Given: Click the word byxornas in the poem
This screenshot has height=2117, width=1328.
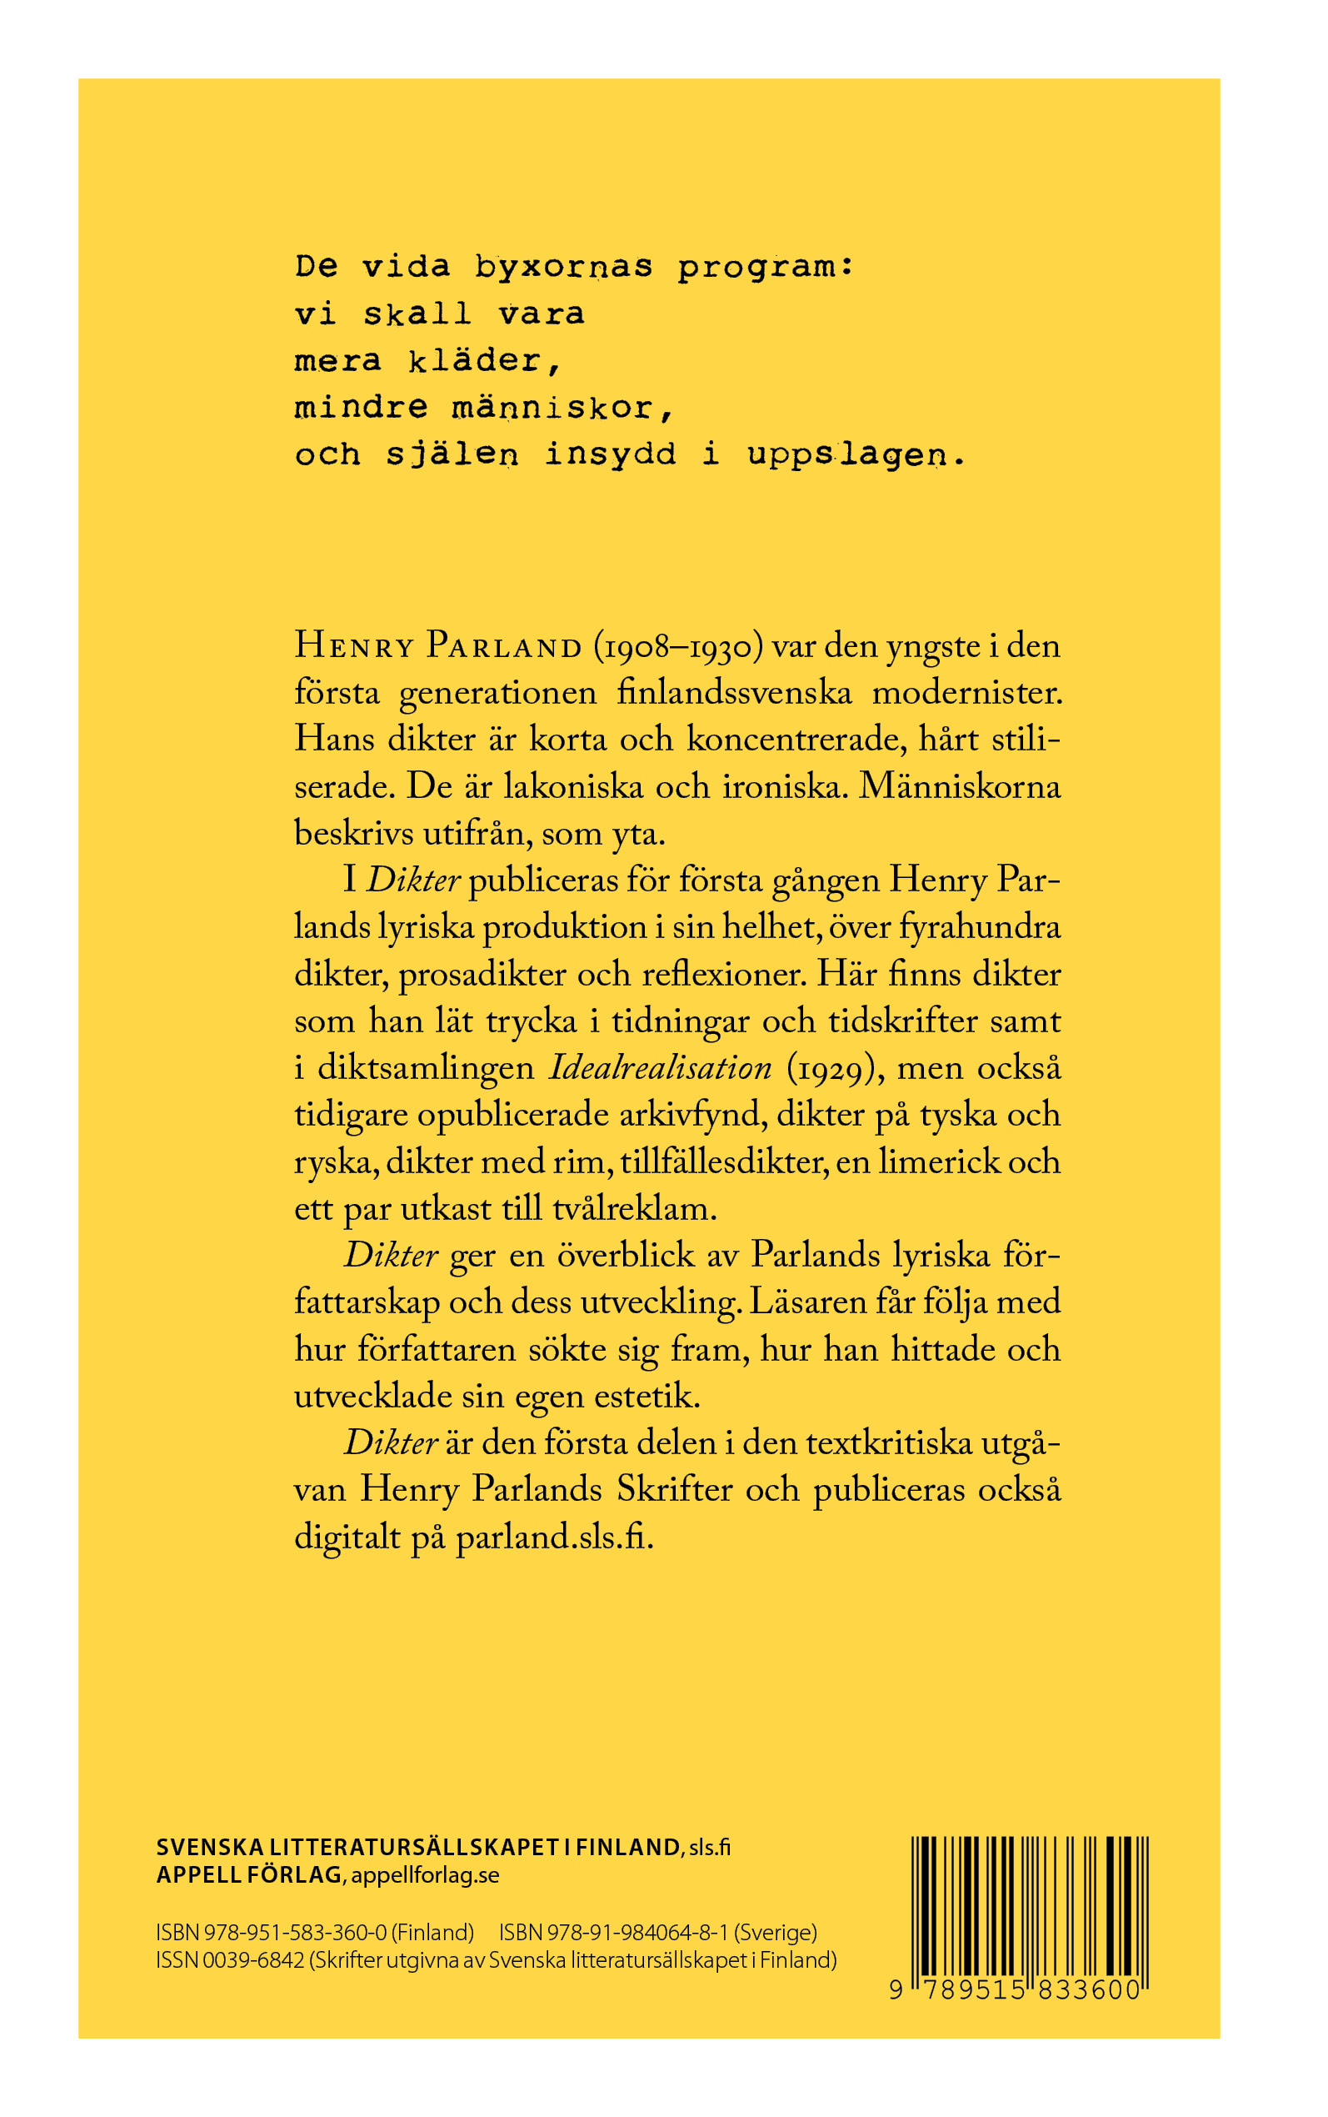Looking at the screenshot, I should (x=563, y=266).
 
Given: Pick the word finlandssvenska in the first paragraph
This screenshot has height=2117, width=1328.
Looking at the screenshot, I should (x=733, y=693).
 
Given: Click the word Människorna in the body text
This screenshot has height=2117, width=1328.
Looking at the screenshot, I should (x=959, y=785).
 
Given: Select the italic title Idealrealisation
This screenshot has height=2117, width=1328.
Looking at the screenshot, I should (x=660, y=1068).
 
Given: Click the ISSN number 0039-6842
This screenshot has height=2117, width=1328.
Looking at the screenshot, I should (x=254, y=1959).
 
